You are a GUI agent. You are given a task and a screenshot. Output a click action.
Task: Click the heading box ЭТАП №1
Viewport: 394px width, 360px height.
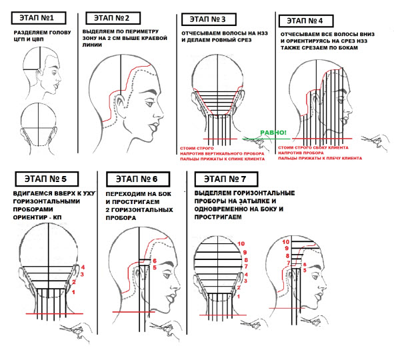tap(39, 18)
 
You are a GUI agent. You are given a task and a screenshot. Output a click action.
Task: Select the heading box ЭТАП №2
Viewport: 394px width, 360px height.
tap(113, 18)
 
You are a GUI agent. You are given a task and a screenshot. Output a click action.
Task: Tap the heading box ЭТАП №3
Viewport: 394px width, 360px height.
tap(209, 19)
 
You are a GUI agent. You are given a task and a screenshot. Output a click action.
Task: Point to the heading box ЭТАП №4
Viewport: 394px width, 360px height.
tap(306, 21)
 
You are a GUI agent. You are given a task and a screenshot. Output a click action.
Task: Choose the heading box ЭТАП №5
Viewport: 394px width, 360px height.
tap(47, 179)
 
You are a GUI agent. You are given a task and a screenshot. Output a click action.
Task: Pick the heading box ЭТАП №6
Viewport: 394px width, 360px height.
tap(138, 179)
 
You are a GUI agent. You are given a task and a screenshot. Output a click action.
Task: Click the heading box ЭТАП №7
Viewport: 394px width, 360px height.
tap(226, 179)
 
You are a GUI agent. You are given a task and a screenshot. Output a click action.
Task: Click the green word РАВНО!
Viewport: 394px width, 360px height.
tap(273, 133)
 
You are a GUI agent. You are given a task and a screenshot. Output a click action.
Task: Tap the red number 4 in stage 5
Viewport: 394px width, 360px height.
tap(83, 267)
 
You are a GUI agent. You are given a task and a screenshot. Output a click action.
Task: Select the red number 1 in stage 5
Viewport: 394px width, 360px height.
tap(73, 292)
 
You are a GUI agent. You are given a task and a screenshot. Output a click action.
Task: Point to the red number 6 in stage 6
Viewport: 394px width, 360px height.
tap(155, 261)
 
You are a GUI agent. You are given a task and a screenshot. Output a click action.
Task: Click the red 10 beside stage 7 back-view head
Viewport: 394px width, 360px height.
tap(241, 244)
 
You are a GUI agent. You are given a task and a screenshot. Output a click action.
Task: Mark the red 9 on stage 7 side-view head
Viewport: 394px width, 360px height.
tap(287, 249)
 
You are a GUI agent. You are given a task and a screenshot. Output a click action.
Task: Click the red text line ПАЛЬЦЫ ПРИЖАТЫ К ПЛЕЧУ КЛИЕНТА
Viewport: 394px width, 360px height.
tap(320, 158)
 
